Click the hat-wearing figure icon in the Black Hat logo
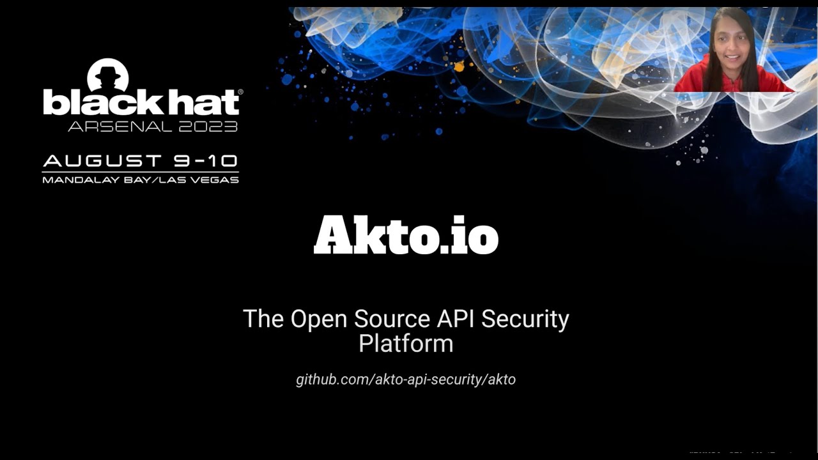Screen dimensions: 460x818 pos(108,74)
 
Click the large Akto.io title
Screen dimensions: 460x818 pos(406,236)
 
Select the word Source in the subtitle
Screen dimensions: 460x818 pos(389,318)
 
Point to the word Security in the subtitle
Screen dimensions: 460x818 pos(525,318)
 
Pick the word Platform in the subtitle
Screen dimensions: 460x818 pos(406,344)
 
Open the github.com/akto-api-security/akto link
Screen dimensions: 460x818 pos(406,379)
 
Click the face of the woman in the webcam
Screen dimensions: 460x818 pos(732,46)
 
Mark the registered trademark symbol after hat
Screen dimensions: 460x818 pos(240,93)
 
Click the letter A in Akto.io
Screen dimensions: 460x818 pos(332,236)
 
